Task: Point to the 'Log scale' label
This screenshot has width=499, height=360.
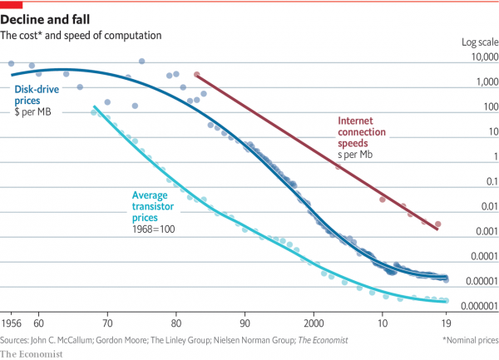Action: [479, 42]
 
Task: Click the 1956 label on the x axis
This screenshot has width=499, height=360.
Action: [12, 323]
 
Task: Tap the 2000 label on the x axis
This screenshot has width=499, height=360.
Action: [314, 323]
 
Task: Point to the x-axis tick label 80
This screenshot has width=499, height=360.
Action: [176, 323]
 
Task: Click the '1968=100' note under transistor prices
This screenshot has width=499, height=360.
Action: [152, 227]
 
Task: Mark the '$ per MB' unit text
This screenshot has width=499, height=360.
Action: [32, 111]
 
